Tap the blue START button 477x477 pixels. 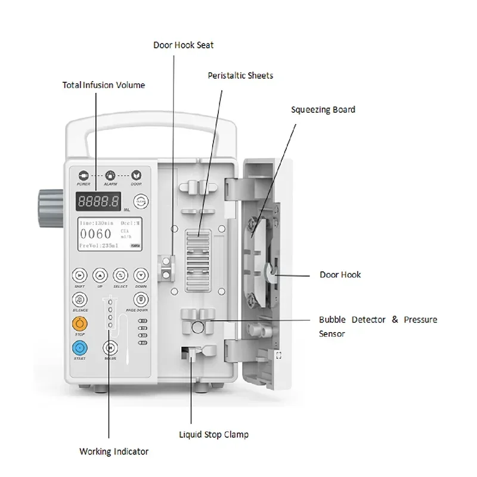click(79, 348)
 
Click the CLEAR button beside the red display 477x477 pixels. click(140, 201)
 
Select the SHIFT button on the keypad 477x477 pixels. click(79, 275)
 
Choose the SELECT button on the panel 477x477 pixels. click(120, 275)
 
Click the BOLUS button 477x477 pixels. click(110, 348)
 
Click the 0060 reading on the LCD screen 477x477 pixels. click(96, 234)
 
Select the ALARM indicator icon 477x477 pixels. click(110, 175)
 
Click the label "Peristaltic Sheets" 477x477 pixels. click(240, 76)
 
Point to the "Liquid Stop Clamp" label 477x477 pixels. click(214, 435)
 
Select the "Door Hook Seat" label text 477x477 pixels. click(183, 45)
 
